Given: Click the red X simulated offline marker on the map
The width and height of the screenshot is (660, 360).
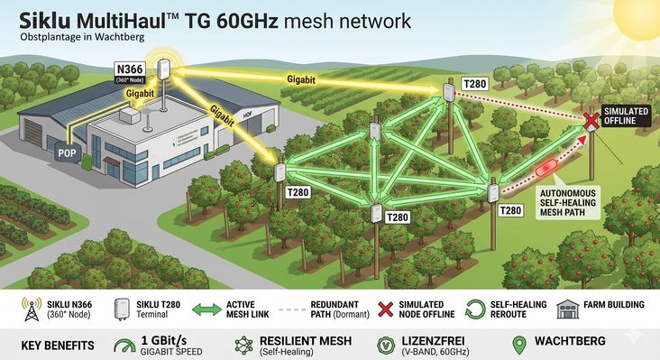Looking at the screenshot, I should click(x=591, y=120).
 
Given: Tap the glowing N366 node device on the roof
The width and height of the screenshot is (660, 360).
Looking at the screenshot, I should click(x=166, y=69).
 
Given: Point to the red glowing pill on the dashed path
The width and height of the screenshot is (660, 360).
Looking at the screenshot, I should click(x=547, y=169).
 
